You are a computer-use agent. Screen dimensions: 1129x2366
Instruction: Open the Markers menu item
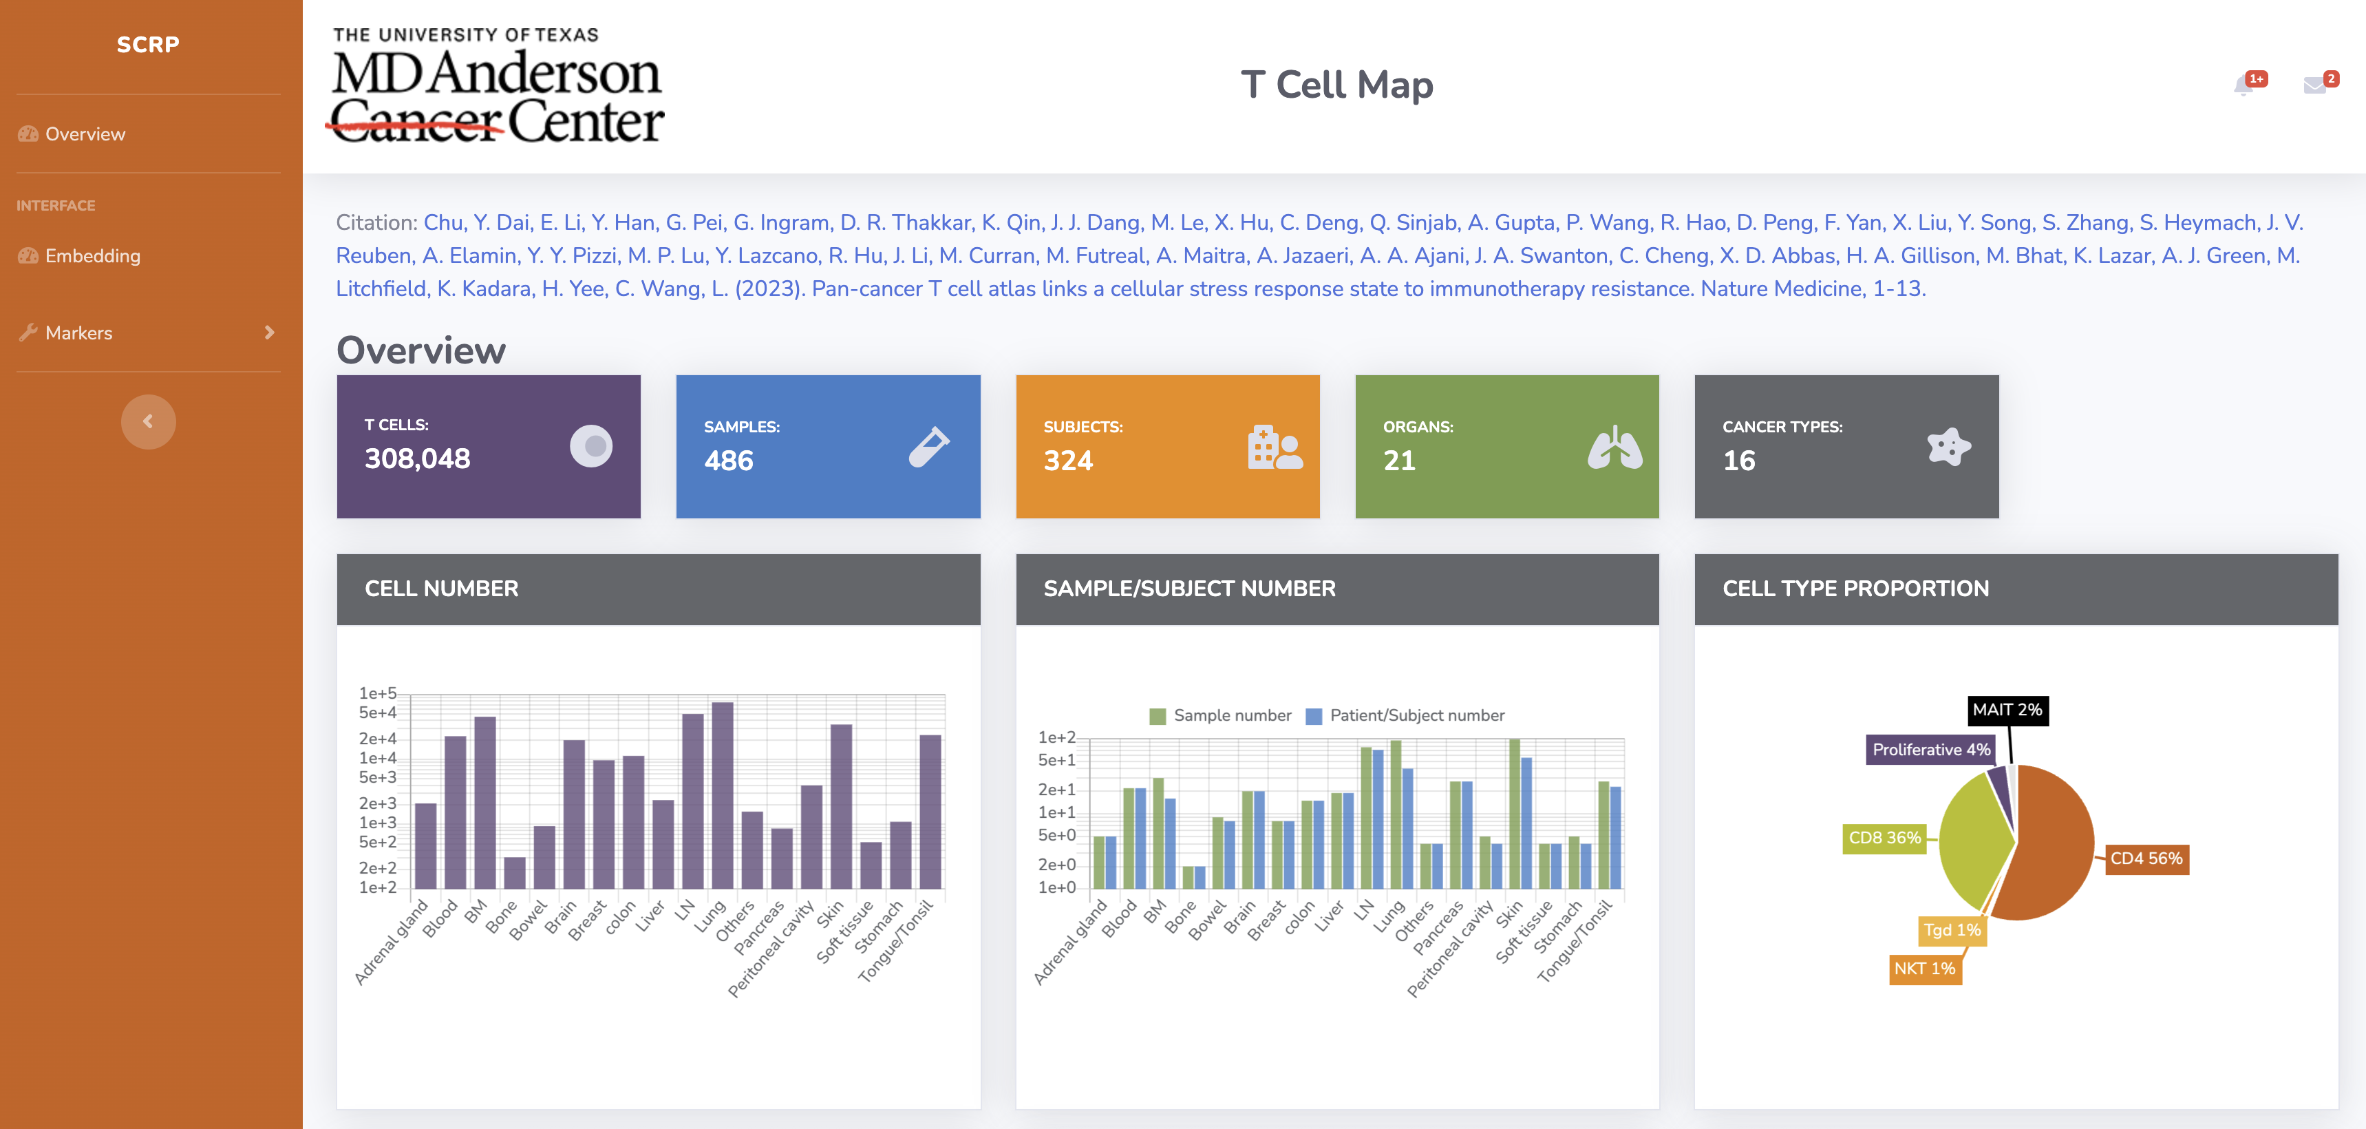79,333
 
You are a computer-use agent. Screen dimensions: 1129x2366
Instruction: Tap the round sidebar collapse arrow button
148,421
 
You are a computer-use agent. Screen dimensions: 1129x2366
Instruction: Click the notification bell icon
2243,86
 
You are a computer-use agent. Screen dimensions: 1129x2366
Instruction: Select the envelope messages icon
2314,86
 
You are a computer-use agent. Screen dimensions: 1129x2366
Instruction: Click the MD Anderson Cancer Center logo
497,88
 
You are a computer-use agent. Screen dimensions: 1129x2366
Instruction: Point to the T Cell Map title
1336,85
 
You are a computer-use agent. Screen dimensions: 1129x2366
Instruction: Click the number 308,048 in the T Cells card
418,458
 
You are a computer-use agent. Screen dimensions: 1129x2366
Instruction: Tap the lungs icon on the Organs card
1614,447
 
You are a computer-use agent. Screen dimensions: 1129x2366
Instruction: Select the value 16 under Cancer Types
1738,461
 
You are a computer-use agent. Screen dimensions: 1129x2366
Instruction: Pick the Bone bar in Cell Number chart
515,873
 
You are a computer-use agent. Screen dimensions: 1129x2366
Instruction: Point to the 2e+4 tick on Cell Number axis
378,739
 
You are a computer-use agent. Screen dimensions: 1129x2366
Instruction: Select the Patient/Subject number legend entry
1405,716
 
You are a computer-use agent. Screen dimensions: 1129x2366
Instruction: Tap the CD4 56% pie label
2146,859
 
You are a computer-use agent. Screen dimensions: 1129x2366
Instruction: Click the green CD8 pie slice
1974,841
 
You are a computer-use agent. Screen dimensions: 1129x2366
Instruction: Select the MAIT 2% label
2007,710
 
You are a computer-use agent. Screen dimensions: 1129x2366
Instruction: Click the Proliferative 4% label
1930,750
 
